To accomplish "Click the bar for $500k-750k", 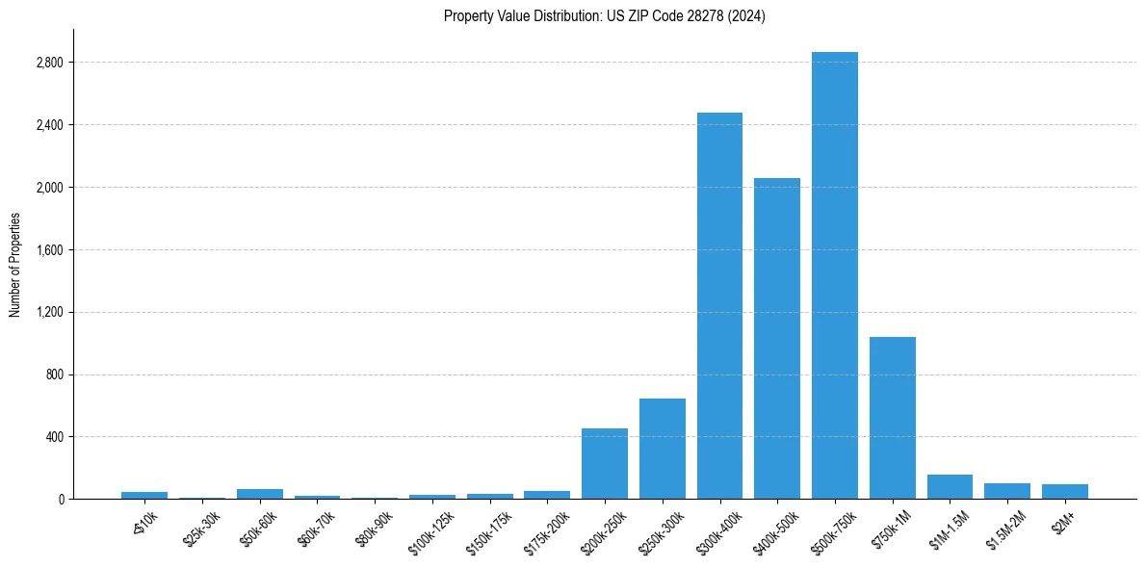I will click(x=834, y=275).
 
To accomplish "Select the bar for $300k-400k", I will click(x=719, y=306).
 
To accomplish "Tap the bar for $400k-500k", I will click(x=777, y=339).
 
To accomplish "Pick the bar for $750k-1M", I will click(x=892, y=418).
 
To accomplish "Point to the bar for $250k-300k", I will click(x=662, y=449).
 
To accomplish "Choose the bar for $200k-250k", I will click(x=605, y=464).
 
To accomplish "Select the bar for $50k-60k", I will click(x=259, y=494).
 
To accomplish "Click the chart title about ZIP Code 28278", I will click(x=605, y=16).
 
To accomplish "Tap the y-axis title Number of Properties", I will click(x=15, y=265).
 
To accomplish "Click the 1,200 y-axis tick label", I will click(x=50, y=312).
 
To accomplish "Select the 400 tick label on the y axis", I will click(x=54, y=437).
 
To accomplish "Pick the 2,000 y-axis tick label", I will click(x=50, y=188).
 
